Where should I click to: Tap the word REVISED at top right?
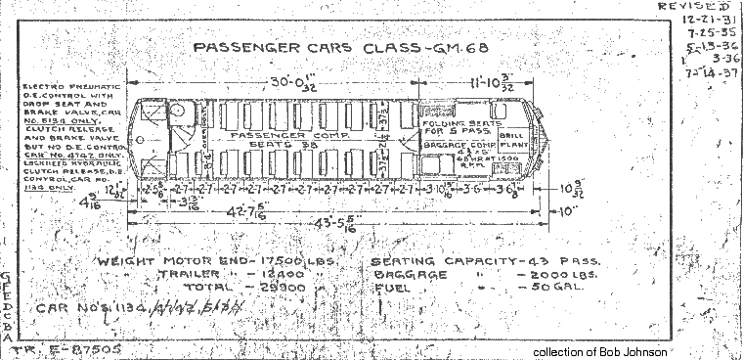(698, 6)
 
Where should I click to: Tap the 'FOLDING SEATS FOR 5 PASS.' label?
(454, 129)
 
